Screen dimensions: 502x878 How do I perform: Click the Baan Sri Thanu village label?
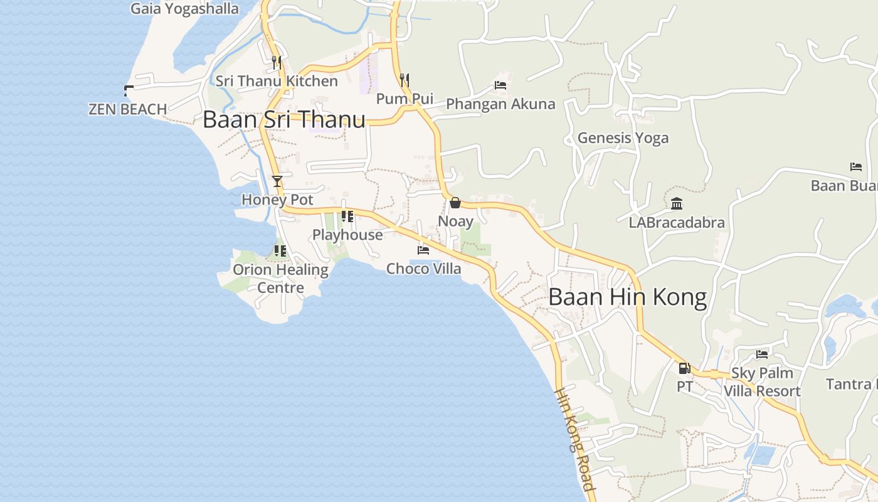(x=284, y=119)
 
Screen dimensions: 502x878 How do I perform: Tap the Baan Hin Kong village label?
(x=627, y=297)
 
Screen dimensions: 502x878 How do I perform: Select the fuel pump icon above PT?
(x=684, y=368)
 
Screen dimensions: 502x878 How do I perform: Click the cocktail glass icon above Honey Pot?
(x=277, y=181)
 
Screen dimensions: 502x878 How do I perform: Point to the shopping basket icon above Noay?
(x=455, y=203)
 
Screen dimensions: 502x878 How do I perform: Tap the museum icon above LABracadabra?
(x=677, y=204)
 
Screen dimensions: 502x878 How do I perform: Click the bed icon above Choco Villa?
(x=423, y=250)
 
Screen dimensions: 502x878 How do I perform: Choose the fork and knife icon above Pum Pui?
(x=405, y=80)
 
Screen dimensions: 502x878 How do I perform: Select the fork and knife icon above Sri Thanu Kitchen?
(x=277, y=62)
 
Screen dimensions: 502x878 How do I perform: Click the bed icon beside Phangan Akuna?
(x=500, y=85)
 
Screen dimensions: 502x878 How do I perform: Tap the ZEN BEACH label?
(x=128, y=109)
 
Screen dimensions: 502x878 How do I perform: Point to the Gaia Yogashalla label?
(x=185, y=9)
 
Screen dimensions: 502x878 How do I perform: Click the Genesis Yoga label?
(x=623, y=138)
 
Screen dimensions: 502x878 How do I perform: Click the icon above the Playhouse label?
(x=347, y=216)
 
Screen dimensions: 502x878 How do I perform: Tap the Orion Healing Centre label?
(x=280, y=279)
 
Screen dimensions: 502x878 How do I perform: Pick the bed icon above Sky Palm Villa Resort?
(x=762, y=355)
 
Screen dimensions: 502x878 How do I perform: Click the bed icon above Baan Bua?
(x=856, y=167)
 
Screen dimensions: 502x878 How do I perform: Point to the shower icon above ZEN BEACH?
(x=129, y=90)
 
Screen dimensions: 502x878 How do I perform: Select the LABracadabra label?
(x=677, y=223)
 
